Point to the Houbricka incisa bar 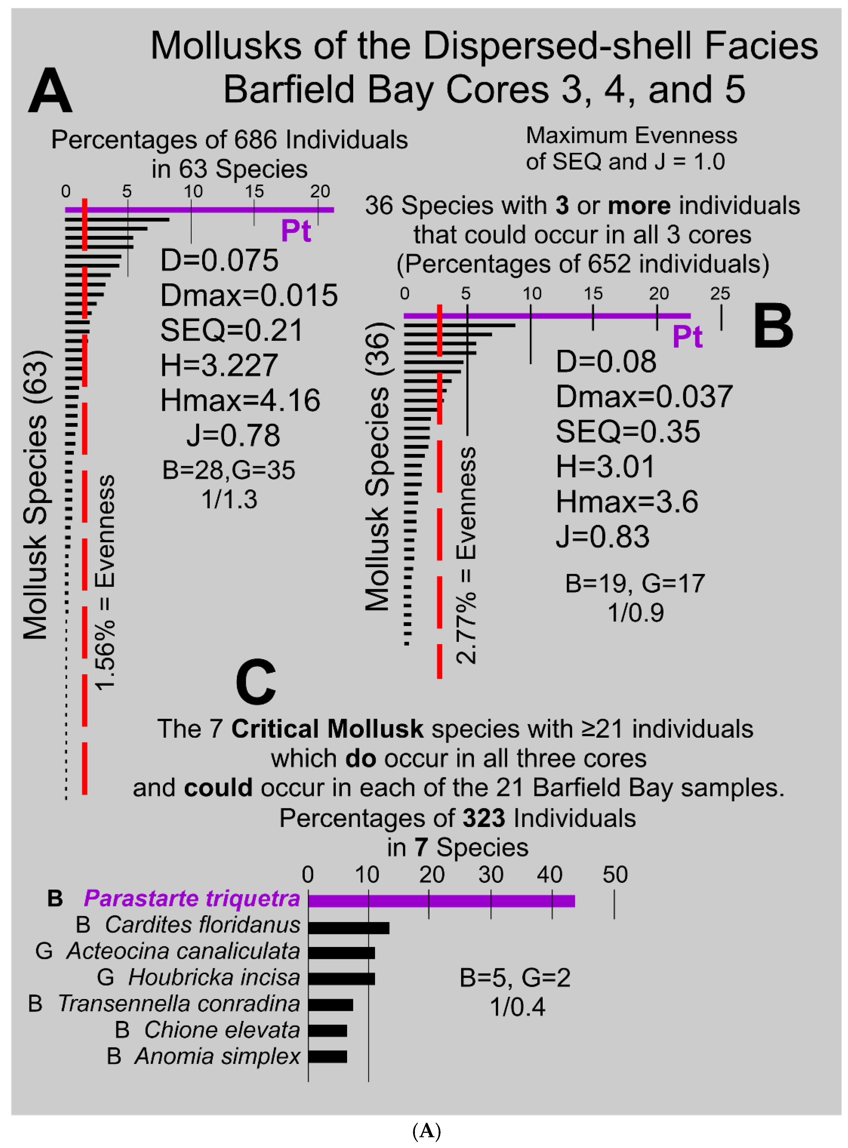341,979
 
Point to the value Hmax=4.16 240,400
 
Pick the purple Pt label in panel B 687,337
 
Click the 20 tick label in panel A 320,191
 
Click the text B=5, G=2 515,978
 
